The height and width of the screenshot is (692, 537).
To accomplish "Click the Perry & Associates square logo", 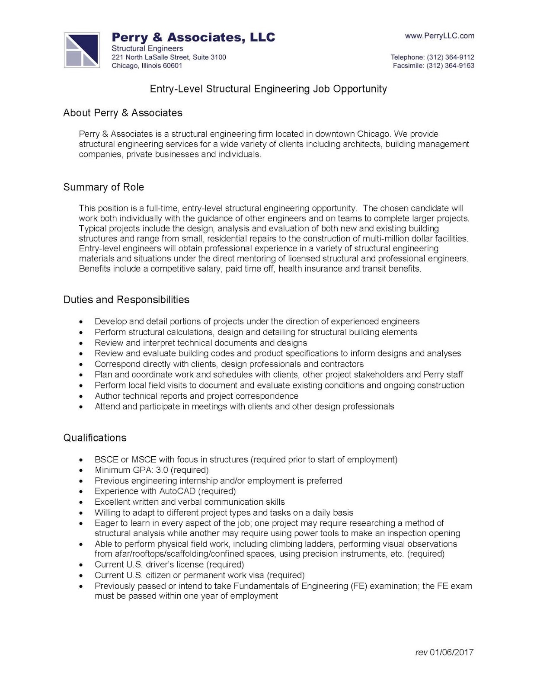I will [82, 50].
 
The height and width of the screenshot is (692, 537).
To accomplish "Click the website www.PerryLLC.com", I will [439, 36].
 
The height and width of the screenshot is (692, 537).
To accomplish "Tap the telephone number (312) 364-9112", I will [450, 57].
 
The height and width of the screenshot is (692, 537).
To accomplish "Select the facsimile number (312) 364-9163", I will [450, 66].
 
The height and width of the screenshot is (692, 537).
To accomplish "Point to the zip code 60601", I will [172, 66].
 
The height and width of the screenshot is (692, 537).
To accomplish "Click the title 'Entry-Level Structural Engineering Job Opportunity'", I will [268, 89].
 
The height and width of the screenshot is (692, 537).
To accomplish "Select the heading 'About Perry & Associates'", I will [123, 113].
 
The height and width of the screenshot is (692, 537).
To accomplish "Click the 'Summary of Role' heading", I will [103, 187].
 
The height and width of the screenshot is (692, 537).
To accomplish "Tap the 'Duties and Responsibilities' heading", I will [126, 300].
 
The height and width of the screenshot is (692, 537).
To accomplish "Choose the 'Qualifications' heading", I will [95, 438].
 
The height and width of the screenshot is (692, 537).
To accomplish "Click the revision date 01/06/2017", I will [451, 652].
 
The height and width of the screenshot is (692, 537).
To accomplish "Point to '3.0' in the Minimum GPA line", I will [162, 470].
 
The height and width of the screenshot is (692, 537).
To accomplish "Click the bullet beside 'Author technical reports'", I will [81, 397].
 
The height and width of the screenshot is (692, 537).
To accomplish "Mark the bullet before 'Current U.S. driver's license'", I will [81, 565].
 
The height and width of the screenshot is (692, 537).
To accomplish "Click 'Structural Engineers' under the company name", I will [147, 48].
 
